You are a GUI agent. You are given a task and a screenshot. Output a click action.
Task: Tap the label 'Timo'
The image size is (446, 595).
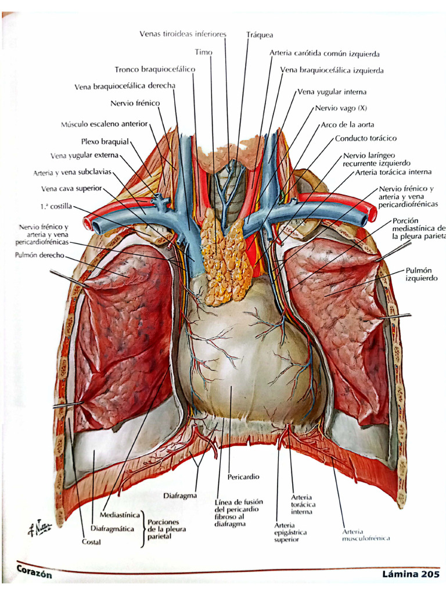(x=204, y=52)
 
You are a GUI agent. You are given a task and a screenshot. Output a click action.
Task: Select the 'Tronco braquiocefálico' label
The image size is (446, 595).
(x=154, y=69)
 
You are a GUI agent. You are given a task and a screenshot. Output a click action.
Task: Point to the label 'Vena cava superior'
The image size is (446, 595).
(x=71, y=189)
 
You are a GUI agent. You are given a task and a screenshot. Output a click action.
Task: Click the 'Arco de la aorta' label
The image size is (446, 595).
(x=347, y=125)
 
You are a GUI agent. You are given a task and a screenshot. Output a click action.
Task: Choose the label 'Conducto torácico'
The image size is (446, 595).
(x=365, y=139)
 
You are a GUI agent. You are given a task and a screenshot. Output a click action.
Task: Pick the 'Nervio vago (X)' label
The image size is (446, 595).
(x=341, y=108)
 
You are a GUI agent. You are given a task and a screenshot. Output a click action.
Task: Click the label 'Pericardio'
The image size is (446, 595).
(x=244, y=476)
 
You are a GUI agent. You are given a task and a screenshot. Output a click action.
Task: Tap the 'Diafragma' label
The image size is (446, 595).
(x=180, y=496)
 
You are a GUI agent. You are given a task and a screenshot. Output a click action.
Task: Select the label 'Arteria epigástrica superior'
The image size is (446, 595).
(x=290, y=532)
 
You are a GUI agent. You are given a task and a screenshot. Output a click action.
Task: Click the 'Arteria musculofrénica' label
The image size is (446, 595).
(x=366, y=535)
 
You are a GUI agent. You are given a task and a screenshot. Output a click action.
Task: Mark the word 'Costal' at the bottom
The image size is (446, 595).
(x=91, y=542)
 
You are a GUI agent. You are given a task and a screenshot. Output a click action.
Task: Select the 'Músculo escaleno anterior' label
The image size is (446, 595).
(x=105, y=124)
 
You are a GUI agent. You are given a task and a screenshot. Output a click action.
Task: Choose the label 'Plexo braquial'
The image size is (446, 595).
(x=105, y=141)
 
